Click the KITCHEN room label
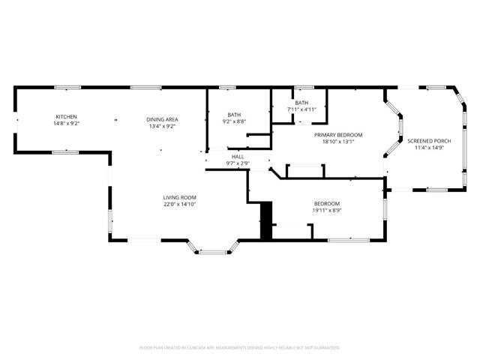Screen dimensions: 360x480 [x=66, y=116]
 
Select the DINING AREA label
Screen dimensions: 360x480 [x=161, y=120]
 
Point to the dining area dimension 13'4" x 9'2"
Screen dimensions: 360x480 [x=161, y=126]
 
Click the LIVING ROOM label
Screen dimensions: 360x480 [x=179, y=197]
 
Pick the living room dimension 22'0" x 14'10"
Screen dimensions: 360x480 [x=179, y=203]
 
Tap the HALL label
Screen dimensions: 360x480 [x=238, y=157]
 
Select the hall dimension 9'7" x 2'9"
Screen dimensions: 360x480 [x=238, y=163]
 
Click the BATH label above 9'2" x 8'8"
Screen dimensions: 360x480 [x=235, y=115]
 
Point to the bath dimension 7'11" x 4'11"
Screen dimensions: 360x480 [x=301, y=109]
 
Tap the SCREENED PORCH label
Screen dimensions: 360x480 [x=429, y=140]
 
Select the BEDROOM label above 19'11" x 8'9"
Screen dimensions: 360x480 [x=326, y=204]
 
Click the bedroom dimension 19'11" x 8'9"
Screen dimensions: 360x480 [x=326, y=210]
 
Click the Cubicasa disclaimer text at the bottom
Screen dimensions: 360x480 [x=240, y=348]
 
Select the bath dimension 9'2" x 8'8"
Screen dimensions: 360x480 [x=235, y=121]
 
